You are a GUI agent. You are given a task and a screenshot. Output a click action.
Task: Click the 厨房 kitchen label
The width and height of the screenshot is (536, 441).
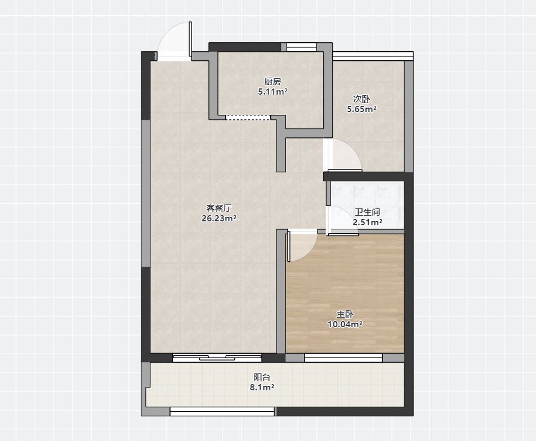(x=273, y=81)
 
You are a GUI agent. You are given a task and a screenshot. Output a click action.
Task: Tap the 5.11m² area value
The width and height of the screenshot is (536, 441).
(x=273, y=92)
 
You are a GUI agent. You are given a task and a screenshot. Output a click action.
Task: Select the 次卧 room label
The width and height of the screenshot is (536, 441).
(x=361, y=99)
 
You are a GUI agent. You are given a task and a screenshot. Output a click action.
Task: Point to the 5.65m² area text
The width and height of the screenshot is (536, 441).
(x=361, y=109)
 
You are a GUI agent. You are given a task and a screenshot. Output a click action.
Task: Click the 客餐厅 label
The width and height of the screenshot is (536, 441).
(x=219, y=208)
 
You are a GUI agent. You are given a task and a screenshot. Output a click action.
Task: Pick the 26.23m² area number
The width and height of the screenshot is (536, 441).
(x=219, y=218)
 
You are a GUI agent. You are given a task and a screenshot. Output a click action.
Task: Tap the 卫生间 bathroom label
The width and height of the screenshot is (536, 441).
(x=367, y=212)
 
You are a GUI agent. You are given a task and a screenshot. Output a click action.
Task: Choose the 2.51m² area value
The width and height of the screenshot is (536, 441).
(x=367, y=222)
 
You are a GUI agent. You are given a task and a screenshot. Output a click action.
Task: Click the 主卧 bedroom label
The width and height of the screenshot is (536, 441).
(x=345, y=314)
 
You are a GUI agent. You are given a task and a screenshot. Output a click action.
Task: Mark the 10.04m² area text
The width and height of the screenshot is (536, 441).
(x=345, y=324)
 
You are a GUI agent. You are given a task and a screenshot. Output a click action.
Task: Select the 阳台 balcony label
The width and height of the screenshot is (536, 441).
(x=262, y=377)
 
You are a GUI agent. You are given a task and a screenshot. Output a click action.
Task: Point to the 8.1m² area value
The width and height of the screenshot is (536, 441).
(x=262, y=387)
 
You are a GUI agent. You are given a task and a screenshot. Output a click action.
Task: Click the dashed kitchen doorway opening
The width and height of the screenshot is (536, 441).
(x=248, y=117)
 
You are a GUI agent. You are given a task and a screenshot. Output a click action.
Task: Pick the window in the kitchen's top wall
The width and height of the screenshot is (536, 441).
(x=301, y=47)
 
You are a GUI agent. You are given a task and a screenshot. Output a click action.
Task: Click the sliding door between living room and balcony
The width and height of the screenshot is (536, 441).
(x=217, y=358)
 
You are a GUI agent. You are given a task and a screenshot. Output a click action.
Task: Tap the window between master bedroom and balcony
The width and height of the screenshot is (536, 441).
(x=343, y=358)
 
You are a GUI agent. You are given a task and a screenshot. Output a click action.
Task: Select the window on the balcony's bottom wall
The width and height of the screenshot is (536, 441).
(x=222, y=411)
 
